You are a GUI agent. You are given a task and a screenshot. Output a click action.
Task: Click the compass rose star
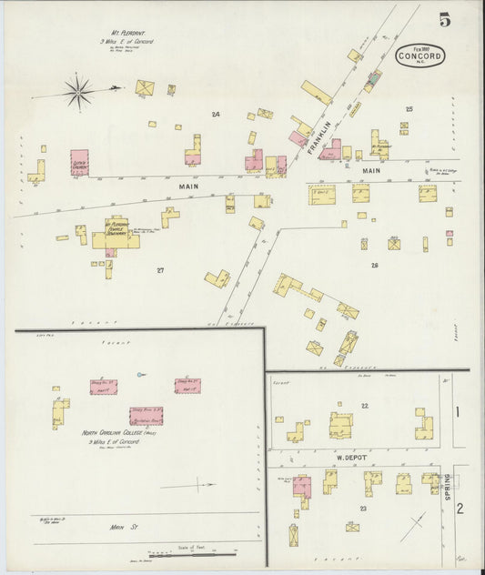point(78,89)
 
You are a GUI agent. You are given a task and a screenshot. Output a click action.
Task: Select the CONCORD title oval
point(421,55)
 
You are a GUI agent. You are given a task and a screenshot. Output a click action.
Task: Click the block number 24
point(216,114)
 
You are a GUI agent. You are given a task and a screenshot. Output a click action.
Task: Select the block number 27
point(160,270)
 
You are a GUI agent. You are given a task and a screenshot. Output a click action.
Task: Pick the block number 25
point(409,109)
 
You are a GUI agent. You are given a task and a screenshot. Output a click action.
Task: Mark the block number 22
point(364,405)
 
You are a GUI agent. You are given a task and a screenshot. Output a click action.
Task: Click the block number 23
point(362,509)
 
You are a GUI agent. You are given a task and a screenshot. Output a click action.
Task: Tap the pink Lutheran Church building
point(79,163)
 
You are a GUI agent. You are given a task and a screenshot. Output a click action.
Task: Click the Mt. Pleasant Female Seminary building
point(116,232)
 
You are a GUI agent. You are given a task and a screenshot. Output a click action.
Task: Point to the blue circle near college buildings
point(138,375)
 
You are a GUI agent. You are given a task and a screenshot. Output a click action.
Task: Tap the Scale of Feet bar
point(191,550)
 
